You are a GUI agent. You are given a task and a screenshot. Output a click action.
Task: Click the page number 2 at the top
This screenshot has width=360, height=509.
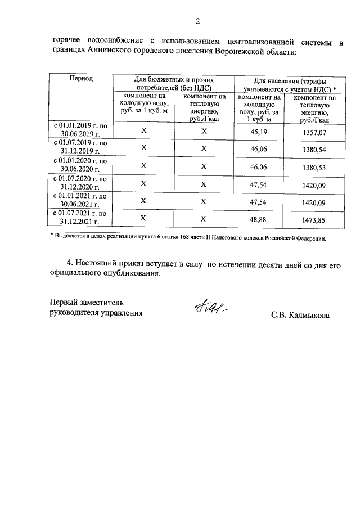pos(197,22)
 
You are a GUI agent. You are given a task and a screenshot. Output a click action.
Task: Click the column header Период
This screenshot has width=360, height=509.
pos(81,79)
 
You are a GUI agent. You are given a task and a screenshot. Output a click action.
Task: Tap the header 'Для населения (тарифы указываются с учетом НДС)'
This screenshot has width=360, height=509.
pos(290,84)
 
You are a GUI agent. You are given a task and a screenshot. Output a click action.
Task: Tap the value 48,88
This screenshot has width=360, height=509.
pos(259,219)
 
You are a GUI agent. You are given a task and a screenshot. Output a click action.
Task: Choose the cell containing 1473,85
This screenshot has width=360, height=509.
pos(314,219)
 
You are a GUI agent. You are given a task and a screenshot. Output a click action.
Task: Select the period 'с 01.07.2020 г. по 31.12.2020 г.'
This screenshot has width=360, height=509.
pos(81,183)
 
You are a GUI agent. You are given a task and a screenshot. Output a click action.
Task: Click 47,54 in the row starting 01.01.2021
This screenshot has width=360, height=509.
pos(259,201)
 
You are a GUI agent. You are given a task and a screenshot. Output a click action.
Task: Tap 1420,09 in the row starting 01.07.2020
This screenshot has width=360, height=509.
pos(314,183)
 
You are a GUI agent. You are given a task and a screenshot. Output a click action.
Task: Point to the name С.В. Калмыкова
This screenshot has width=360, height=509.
pos(300,315)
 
